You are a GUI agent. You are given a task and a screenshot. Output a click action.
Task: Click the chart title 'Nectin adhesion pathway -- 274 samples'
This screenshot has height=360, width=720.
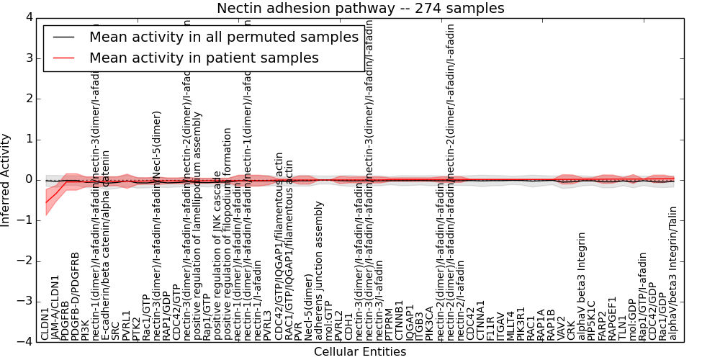tap(360, 8)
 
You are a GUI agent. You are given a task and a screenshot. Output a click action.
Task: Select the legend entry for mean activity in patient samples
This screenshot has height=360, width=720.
tap(204, 58)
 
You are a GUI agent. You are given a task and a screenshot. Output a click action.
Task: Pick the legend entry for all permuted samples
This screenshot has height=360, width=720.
tap(223, 37)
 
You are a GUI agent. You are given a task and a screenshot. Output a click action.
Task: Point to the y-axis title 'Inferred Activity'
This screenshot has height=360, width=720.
tap(6, 179)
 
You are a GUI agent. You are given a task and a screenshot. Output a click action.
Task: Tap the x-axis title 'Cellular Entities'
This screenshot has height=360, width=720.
tap(360, 352)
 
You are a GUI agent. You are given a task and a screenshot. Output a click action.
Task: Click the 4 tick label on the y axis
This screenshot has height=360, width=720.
tap(29, 17)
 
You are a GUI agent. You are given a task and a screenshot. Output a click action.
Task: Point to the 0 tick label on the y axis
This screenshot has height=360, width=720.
tap(29, 179)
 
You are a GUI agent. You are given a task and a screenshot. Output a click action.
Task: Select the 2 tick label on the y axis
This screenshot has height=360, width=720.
tap(29, 99)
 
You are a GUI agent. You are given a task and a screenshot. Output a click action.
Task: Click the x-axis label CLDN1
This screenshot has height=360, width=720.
tap(45, 323)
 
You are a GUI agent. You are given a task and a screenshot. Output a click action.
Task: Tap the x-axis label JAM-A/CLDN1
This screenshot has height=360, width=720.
tap(55, 307)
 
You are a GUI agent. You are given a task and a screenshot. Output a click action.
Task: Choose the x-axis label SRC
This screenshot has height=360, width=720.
tap(116, 330)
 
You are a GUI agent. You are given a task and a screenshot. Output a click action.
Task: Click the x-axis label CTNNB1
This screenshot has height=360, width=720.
tap(400, 321)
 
